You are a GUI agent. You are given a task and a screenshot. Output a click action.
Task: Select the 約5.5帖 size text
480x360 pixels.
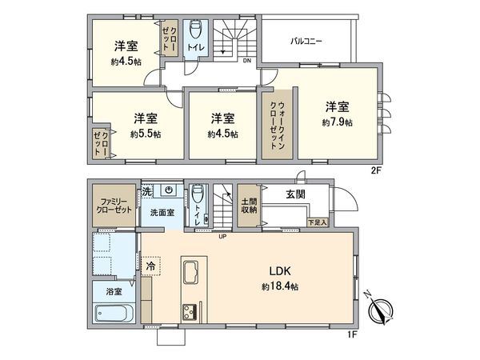tap(144, 134)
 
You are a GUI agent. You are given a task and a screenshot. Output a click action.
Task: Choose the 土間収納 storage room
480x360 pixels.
tap(249, 206)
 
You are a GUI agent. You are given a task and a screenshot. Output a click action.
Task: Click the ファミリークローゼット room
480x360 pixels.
tap(112, 206)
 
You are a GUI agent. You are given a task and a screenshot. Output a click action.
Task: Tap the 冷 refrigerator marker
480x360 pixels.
tap(150, 262)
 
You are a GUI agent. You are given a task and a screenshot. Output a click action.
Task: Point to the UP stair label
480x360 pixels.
tap(222, 236)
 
